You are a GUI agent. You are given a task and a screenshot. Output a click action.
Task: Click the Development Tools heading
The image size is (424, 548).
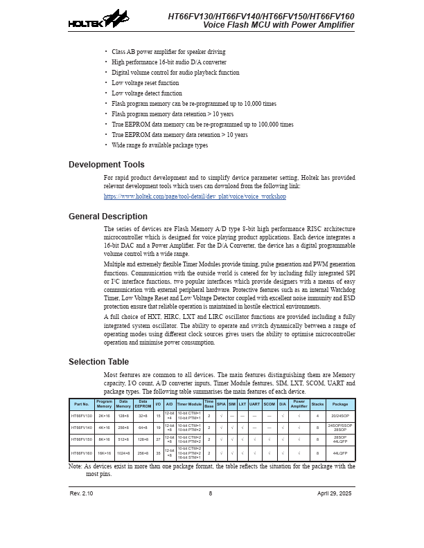pos(107,165)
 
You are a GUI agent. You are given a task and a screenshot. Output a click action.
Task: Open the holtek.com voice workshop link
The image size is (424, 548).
pos(195,197)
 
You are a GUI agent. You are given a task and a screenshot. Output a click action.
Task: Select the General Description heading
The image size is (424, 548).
pos(108,217)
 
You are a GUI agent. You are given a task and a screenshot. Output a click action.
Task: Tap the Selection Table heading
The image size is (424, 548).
pos(98,362)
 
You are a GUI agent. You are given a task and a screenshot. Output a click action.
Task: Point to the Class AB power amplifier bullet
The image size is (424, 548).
pos(168,52)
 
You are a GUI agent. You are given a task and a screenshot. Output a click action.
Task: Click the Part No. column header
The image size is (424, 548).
pos(82,404)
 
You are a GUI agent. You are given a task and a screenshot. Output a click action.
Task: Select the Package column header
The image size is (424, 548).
pos(340,404)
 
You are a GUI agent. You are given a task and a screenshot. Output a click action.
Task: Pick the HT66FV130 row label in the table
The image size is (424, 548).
pos(82,416)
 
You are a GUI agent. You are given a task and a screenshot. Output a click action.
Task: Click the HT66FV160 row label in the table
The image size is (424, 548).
pos(82,453)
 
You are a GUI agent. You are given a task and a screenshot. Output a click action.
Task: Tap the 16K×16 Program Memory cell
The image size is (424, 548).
pos(104,453)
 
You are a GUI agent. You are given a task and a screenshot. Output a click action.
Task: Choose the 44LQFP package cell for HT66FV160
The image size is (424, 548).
pos(340,453)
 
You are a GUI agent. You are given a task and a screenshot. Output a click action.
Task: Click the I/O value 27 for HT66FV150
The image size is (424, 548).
pos(158,439)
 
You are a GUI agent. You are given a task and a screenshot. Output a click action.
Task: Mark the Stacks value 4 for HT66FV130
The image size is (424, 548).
pos(317,416)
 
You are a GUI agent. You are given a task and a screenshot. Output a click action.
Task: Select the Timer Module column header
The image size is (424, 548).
pos(189,404)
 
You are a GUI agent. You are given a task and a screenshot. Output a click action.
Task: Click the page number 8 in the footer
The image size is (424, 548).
pos(211,493)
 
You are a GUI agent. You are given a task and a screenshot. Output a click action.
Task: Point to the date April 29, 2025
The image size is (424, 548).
pos(335,493)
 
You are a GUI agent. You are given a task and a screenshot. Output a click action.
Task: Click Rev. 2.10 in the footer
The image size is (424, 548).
pos(81,493)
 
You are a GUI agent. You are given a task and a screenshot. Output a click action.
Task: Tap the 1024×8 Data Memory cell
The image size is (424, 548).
pos(123,453)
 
